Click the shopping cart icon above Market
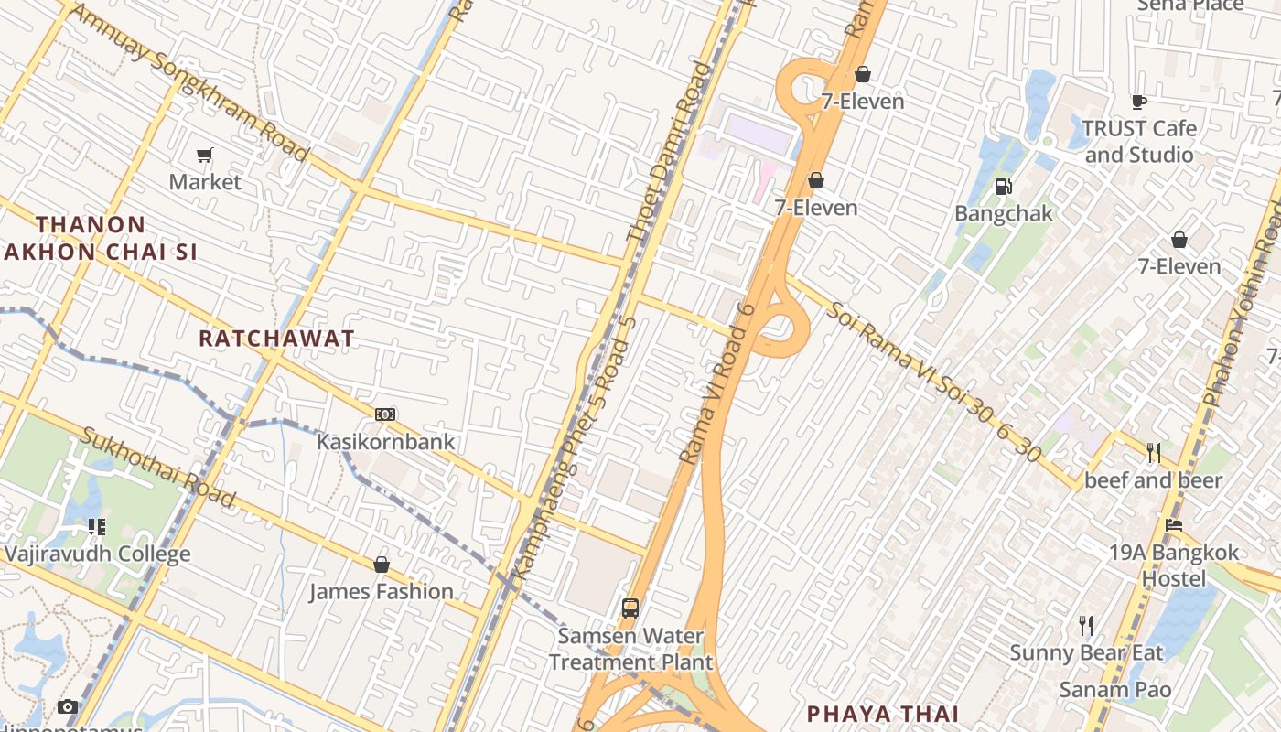(205, 156)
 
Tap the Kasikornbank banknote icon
(385, 414)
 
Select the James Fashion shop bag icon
(382, 565)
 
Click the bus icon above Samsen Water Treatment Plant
(630, 608)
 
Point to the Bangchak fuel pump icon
(1004, 187)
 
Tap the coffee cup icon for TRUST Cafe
(1138, 102)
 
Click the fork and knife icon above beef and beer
(1153, 452)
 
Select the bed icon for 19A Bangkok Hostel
(1174, 525)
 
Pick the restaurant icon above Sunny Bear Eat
(1086, 626)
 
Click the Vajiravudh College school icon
(96, 527)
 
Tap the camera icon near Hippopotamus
(68, 706)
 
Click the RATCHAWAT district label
(276, 339)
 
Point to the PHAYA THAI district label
(882, 714)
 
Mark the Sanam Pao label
(1114, 689)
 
